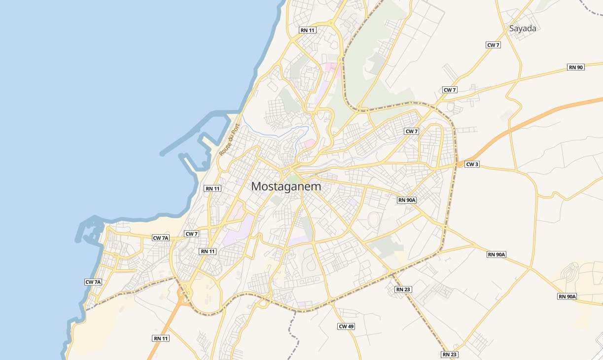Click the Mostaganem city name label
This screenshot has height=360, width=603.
coord(286,187)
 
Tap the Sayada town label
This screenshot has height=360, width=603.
coord(523,29)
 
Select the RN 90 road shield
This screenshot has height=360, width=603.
coord(575,67)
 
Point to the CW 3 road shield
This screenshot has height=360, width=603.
coord(472,164)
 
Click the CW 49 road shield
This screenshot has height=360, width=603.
coord(346,326)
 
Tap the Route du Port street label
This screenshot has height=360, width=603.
coord(229,140)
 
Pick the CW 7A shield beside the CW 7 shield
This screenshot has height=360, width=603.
coord(161,238)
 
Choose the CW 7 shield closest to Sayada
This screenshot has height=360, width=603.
coord(493,45)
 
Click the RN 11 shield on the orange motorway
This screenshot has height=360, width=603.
coord(161,338)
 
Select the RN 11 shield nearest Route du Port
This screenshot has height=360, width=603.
coord(213,188)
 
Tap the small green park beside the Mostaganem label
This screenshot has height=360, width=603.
coord(293,178)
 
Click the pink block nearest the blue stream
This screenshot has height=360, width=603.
coord(310,143)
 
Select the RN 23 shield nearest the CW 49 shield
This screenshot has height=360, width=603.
coord(403,289)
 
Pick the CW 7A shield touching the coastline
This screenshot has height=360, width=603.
coord(93,282)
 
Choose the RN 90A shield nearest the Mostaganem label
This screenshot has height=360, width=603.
coord(407,200)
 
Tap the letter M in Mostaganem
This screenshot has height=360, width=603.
coord(256,187)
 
